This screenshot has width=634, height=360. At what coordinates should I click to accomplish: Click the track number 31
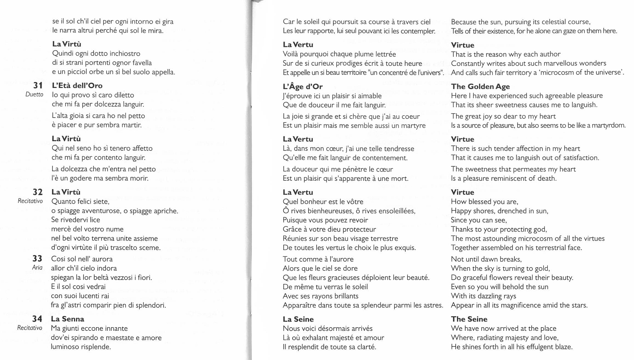pyautogui.click(x=38, y=85)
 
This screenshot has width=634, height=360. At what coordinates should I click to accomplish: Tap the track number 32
pyautogui.click(x=38, y=192)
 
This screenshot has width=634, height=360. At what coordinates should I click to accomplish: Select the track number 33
pyautogui.click(x=37, y=258)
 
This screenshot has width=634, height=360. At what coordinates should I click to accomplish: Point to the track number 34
pyautogui.click(x=37, y=319)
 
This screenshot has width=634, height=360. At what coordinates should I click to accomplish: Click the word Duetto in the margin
pyautogui.click(x=34, y=95)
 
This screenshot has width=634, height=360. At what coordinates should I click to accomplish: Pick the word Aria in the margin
pyautogui.click(x=37, y=268)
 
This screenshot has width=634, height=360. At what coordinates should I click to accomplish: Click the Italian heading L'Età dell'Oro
pyautogui.click(x=77, y=86)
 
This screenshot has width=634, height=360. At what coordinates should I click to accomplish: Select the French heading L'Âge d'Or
pyautogui.click(x=302, y=86)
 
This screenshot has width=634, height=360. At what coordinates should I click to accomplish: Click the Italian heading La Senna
pyautogui.click(x=68, y=319)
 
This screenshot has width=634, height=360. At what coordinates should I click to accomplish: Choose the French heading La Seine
pyautogui.click(x=298, y=319)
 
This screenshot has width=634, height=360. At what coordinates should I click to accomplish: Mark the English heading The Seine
pyautogui.click(x=469, y=319)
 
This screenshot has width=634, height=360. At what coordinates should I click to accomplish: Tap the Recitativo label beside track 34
pyautogui.click(x=30, y=328)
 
